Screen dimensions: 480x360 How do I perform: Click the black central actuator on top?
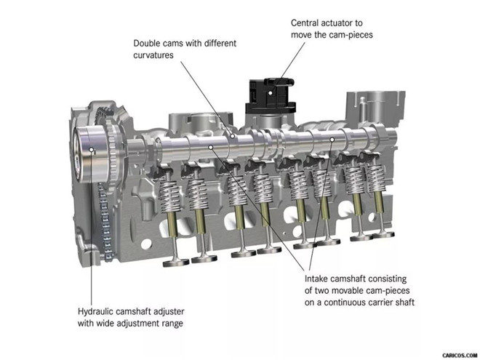tap(271, 96)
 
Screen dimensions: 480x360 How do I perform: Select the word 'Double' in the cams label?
tap(147, 43)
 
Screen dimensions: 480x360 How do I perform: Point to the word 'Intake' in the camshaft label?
tap(316, 279)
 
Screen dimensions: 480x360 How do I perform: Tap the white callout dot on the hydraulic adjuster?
tap(91, 149)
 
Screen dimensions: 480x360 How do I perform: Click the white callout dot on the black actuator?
tap(271, 93)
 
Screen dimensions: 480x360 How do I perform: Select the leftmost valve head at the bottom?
tap(176, 263)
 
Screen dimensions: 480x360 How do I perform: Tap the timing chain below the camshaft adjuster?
tap(105, 221)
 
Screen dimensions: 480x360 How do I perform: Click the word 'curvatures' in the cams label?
tap(153, 55)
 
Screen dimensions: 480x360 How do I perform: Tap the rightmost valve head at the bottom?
tap(383, 234)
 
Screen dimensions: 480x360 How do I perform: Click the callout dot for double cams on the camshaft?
tap(233, 136)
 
